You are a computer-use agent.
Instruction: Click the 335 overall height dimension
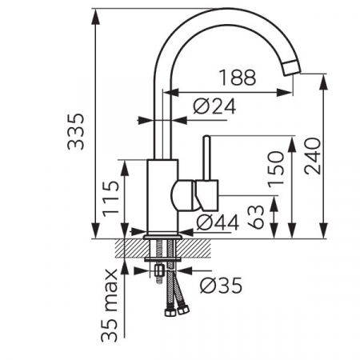tap(75, 131)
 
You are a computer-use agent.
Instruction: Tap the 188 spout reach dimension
tap(237, 78)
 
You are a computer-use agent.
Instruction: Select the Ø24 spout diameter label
tap(214, 106)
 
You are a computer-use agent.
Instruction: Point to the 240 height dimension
tap(312, 156)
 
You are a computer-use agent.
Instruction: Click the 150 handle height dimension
tap(276, 170)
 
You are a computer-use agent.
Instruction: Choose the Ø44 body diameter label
tap(218, 222)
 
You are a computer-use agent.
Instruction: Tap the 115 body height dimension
tap(110, 198)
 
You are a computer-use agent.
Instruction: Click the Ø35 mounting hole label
tap(221, 286)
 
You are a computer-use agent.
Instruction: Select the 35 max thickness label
tap(109, 306)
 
